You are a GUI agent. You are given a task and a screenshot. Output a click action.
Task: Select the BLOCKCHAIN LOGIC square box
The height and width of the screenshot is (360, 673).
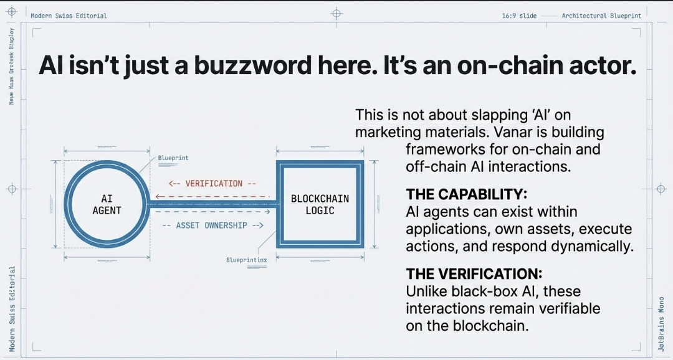[320, 204]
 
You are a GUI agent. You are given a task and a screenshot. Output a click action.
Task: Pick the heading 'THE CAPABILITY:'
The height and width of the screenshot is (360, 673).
[467, 193]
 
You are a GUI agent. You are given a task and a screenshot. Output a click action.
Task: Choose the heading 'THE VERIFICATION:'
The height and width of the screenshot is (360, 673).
[474, 273]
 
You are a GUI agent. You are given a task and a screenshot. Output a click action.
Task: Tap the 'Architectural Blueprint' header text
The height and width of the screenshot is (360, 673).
[601, 16]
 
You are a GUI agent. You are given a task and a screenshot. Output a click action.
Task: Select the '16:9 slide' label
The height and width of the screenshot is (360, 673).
[519, 16]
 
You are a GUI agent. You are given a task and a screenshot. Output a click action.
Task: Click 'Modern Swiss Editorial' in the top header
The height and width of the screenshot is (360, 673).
[69, 16]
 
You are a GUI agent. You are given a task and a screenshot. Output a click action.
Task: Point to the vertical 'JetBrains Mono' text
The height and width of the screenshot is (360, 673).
[661, 324]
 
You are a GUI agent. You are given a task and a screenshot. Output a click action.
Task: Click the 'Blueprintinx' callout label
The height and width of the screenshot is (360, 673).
[246, 259]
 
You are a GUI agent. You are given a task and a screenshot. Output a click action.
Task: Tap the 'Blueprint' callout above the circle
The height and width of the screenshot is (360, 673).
[173, 159]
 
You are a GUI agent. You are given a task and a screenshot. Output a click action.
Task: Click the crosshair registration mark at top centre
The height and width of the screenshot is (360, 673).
[336, 12]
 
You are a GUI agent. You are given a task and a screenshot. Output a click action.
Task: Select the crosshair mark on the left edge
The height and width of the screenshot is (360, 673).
[11, 188]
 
